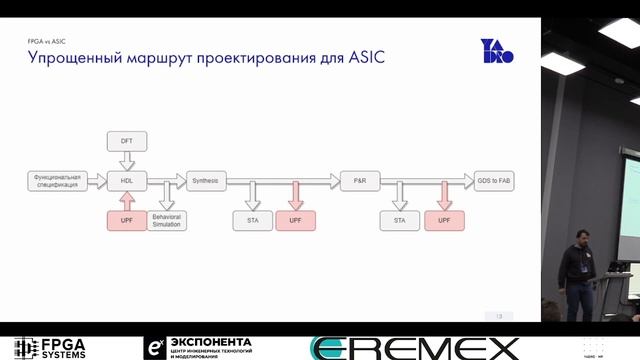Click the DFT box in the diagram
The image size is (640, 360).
point(127,141)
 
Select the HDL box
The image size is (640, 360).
point(127,180)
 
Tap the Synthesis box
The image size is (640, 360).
point(207,180)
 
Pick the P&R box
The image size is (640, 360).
point(360,180)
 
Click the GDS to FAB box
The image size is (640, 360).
point(496,180)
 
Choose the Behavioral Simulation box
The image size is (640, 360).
point(167,219)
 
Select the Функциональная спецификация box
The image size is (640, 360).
point(56,180)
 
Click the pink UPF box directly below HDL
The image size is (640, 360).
point(127,219)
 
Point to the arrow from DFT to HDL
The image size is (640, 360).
point(127,160)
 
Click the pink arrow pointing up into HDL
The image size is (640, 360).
point(127,200)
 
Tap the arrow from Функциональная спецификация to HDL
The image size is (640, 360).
point(97,180)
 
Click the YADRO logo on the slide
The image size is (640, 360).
point(497,51)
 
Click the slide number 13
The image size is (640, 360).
point(498,316)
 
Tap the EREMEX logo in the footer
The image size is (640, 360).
point(415,348)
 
